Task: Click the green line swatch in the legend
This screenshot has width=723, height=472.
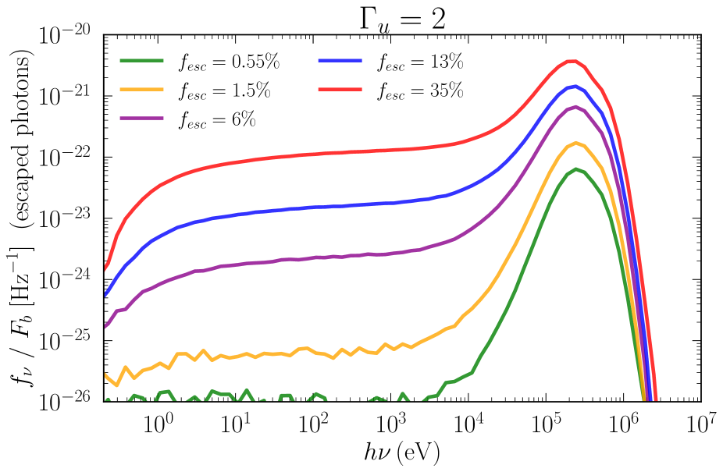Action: [141, 60]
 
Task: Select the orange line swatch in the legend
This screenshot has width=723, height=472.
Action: [141, 90]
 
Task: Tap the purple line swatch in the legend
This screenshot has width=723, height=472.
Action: [141, 119]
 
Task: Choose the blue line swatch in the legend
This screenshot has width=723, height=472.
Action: [340, 60]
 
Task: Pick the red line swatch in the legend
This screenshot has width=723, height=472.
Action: [340, 90]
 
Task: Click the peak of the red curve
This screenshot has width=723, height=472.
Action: [572, 61]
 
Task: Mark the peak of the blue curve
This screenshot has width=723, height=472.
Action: [575, 86]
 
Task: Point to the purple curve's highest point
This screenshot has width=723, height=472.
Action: [575, 107]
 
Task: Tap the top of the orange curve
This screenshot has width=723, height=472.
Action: [576, 143]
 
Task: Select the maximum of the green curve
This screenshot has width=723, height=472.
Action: [576, 169]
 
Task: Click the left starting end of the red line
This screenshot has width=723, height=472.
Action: [105, 269]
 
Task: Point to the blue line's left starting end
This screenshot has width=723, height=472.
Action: [105, 295]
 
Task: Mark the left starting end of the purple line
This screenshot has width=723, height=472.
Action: [105, 327]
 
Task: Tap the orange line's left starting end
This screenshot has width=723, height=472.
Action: [105, 375]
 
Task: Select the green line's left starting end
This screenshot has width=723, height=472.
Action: [106, 400]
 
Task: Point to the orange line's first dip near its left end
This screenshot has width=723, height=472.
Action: [116, 385]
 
